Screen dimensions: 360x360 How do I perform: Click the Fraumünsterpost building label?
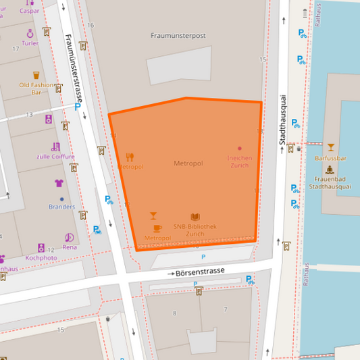pyautogui.click(x=178, y=35)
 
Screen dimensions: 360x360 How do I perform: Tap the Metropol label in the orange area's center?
pyautogui.click(x=188, y=163)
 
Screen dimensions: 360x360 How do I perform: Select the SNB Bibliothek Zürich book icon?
pyautogui.click(x=195, y=217)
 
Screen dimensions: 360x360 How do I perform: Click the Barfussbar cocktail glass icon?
pyautogui.click(x=330, y=147)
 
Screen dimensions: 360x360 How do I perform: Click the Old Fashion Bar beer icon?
pyautogui.click(x=36, y=76)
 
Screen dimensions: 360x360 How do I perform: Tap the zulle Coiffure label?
pyautogui.click(x=55, y=157)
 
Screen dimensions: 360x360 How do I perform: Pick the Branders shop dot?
pyautogui.click(x=61, y=199)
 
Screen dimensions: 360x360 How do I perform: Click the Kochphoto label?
pyautogui.click(x=41, y=257)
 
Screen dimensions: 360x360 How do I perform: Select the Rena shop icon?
pyautogui.click(x=70, y=237)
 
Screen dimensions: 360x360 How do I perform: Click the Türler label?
pyautogui.click(x=30, y=43)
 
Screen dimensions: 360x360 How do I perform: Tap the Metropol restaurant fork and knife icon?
pyautogui.click(x=130, y=157)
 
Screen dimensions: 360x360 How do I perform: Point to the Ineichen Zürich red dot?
pyautogui.click(x=239, y=149)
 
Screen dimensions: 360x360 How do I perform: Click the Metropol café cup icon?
pyautogui.click(x=157, y=228)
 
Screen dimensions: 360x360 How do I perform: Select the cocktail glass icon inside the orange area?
pyautogui.click(x=153, y=216)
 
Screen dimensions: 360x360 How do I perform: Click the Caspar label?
pyautogui.click(x=29, y=11)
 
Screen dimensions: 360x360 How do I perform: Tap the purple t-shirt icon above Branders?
pyautogui.click(x=59, y=183)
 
